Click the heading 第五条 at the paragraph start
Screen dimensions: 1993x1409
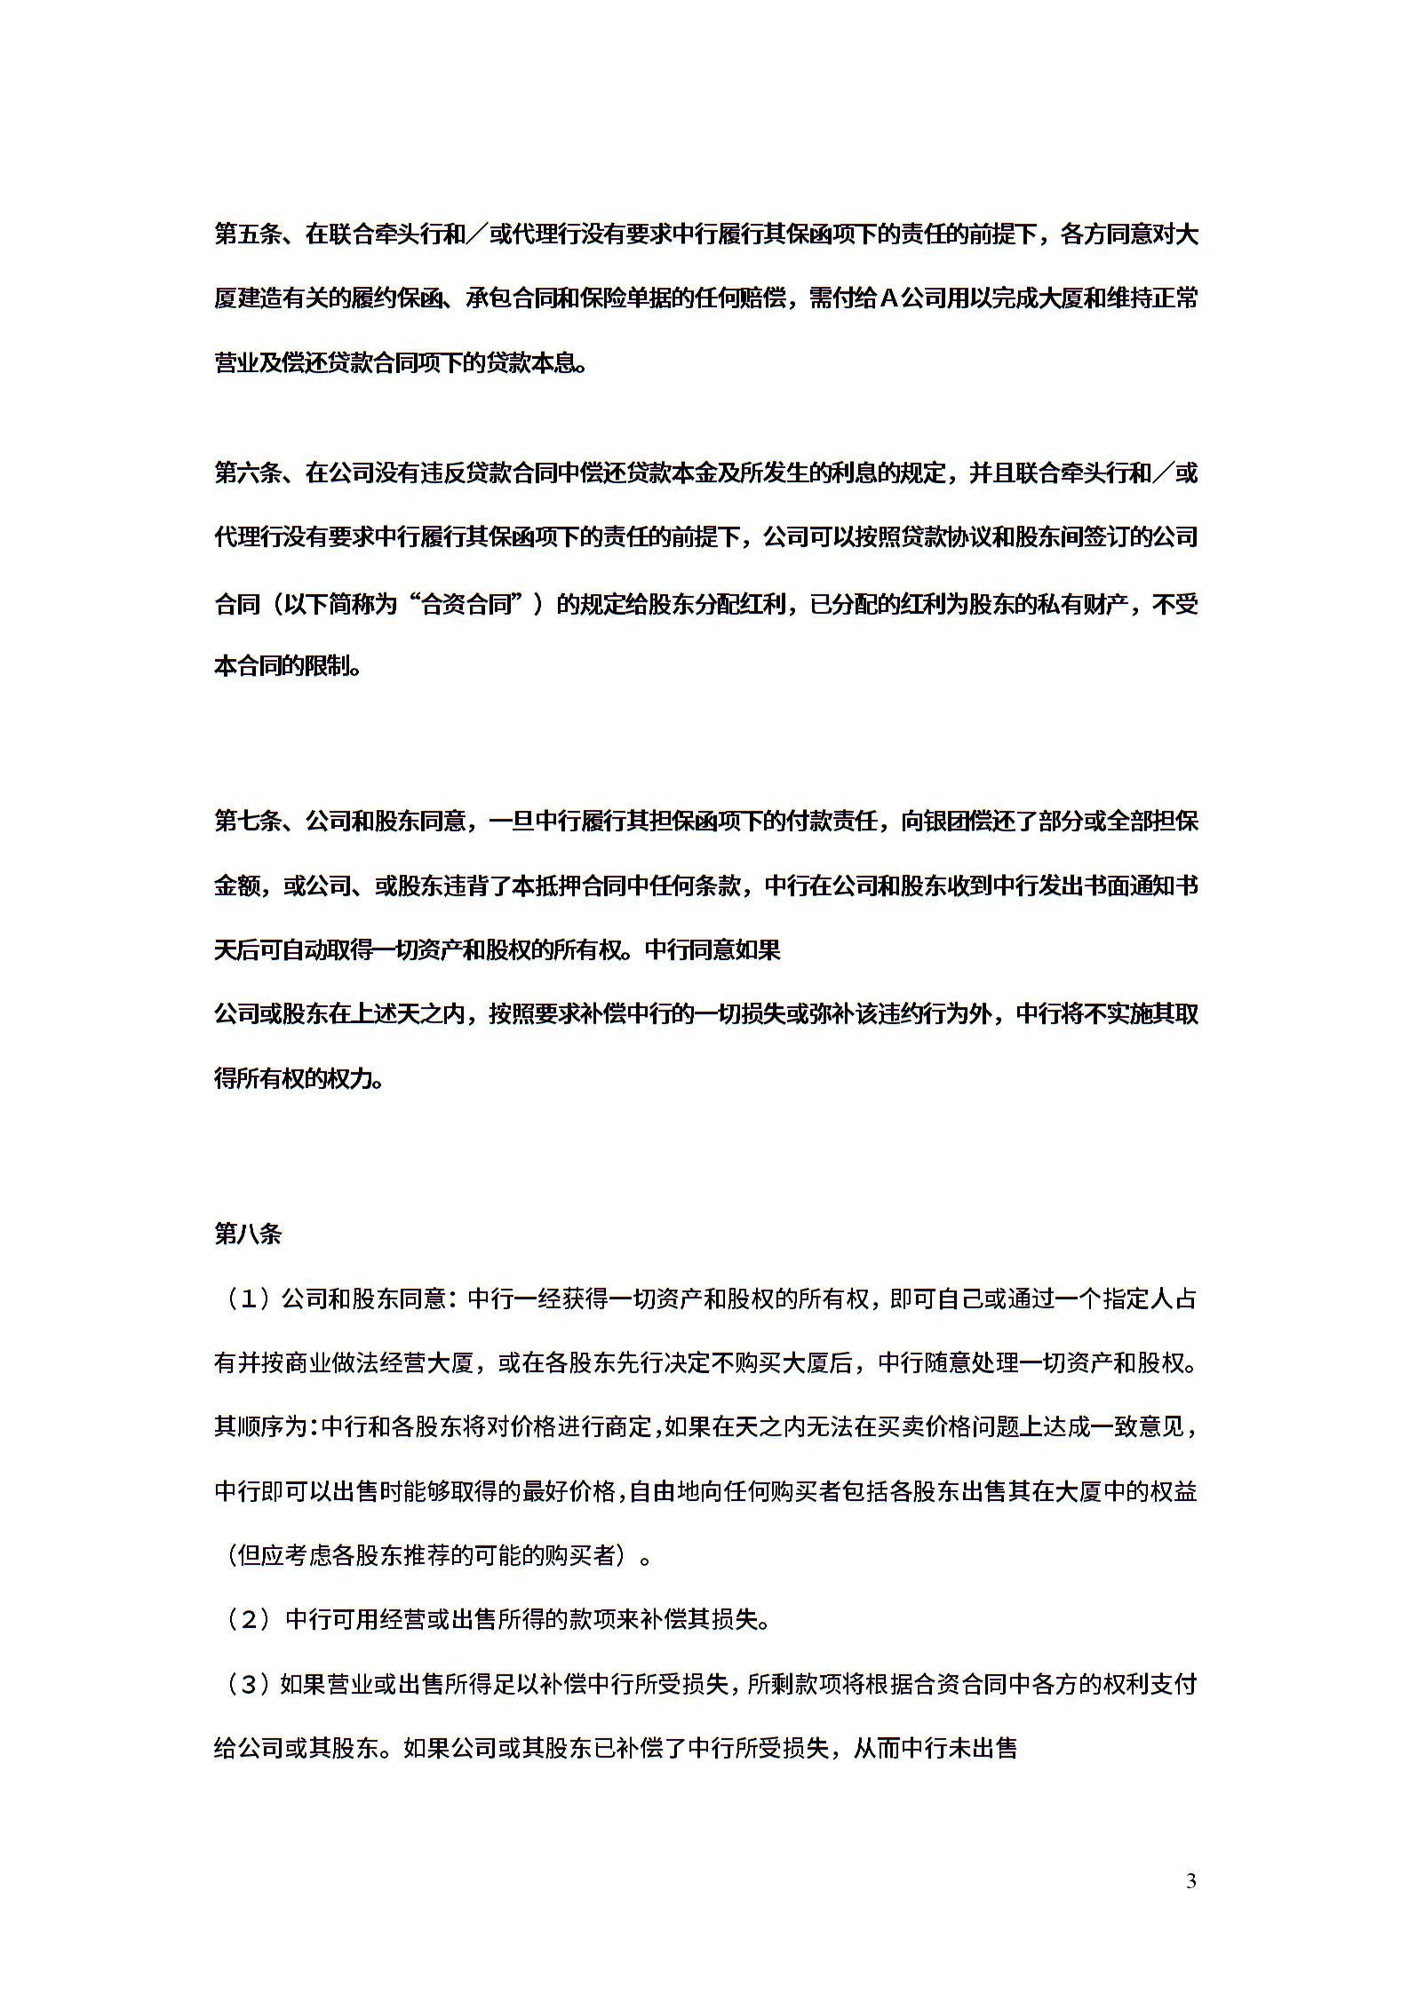248,235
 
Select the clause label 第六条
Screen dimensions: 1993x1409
248,472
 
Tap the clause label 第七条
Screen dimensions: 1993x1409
248,821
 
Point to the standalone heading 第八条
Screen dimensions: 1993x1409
248,1235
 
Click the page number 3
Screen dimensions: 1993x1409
1191,1880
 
